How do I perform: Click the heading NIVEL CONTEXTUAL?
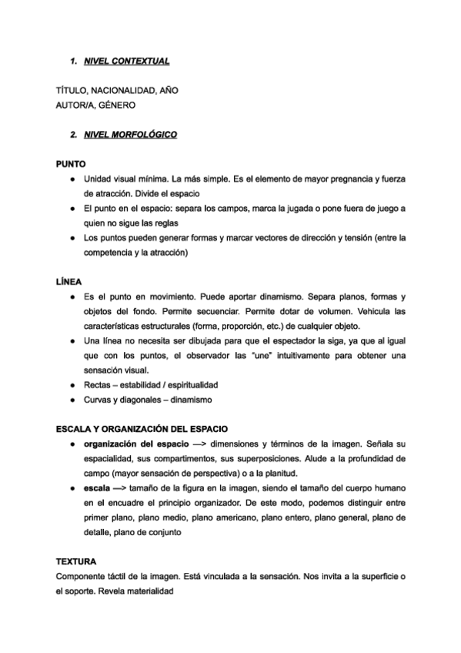point(126,60)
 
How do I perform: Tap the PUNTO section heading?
point(71,164)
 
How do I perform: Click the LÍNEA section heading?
point(69,281)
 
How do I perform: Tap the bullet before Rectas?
point(72,383)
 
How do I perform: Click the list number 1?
point(72,60)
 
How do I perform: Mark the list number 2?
point(72,135)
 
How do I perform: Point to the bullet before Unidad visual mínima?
point(72,179)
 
